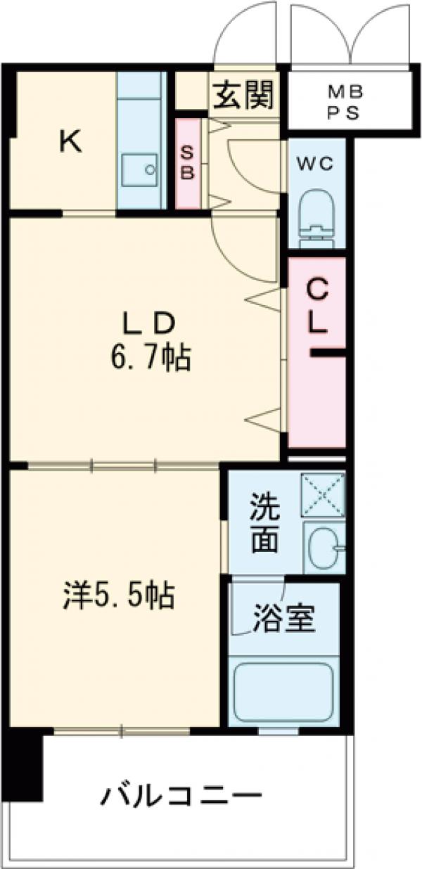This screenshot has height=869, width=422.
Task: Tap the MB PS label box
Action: [x=344, y=103]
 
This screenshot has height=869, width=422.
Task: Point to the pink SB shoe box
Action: [x=187, y=163]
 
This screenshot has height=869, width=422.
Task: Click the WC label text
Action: [x=317, y=163]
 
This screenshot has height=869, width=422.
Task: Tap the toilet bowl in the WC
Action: [x=316, y=214]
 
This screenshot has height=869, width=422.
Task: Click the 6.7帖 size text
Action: [x=149, y=359]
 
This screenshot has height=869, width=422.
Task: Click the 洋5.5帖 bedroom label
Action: [x=116, y=597]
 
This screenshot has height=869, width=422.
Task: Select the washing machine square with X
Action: [x=322, y=494]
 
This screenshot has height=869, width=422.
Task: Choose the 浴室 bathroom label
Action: [x=283, y=619]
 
